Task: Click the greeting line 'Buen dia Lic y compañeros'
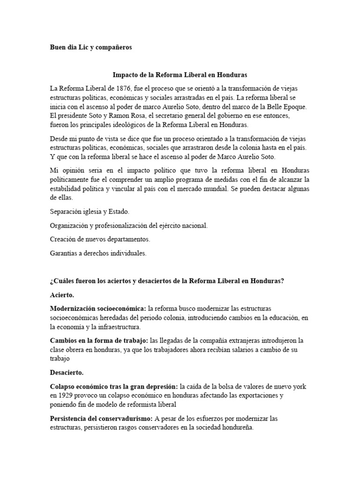pos(91,47)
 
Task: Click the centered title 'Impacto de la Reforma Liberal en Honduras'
pos(180,75)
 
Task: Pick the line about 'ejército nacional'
pos(128,225)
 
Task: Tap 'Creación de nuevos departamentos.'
pos(100,239)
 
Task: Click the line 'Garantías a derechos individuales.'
pos(98,253)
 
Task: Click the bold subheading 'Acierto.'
pos(62,295)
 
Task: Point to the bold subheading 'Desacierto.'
pos(67,373)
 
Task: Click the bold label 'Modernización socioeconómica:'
pos(98,309)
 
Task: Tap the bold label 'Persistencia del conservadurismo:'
pos(104,418)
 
